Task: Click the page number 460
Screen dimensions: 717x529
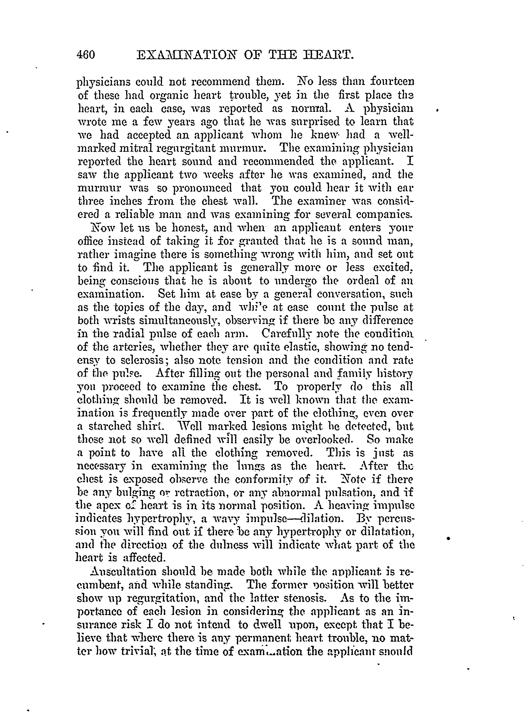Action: (x=86, y=55)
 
